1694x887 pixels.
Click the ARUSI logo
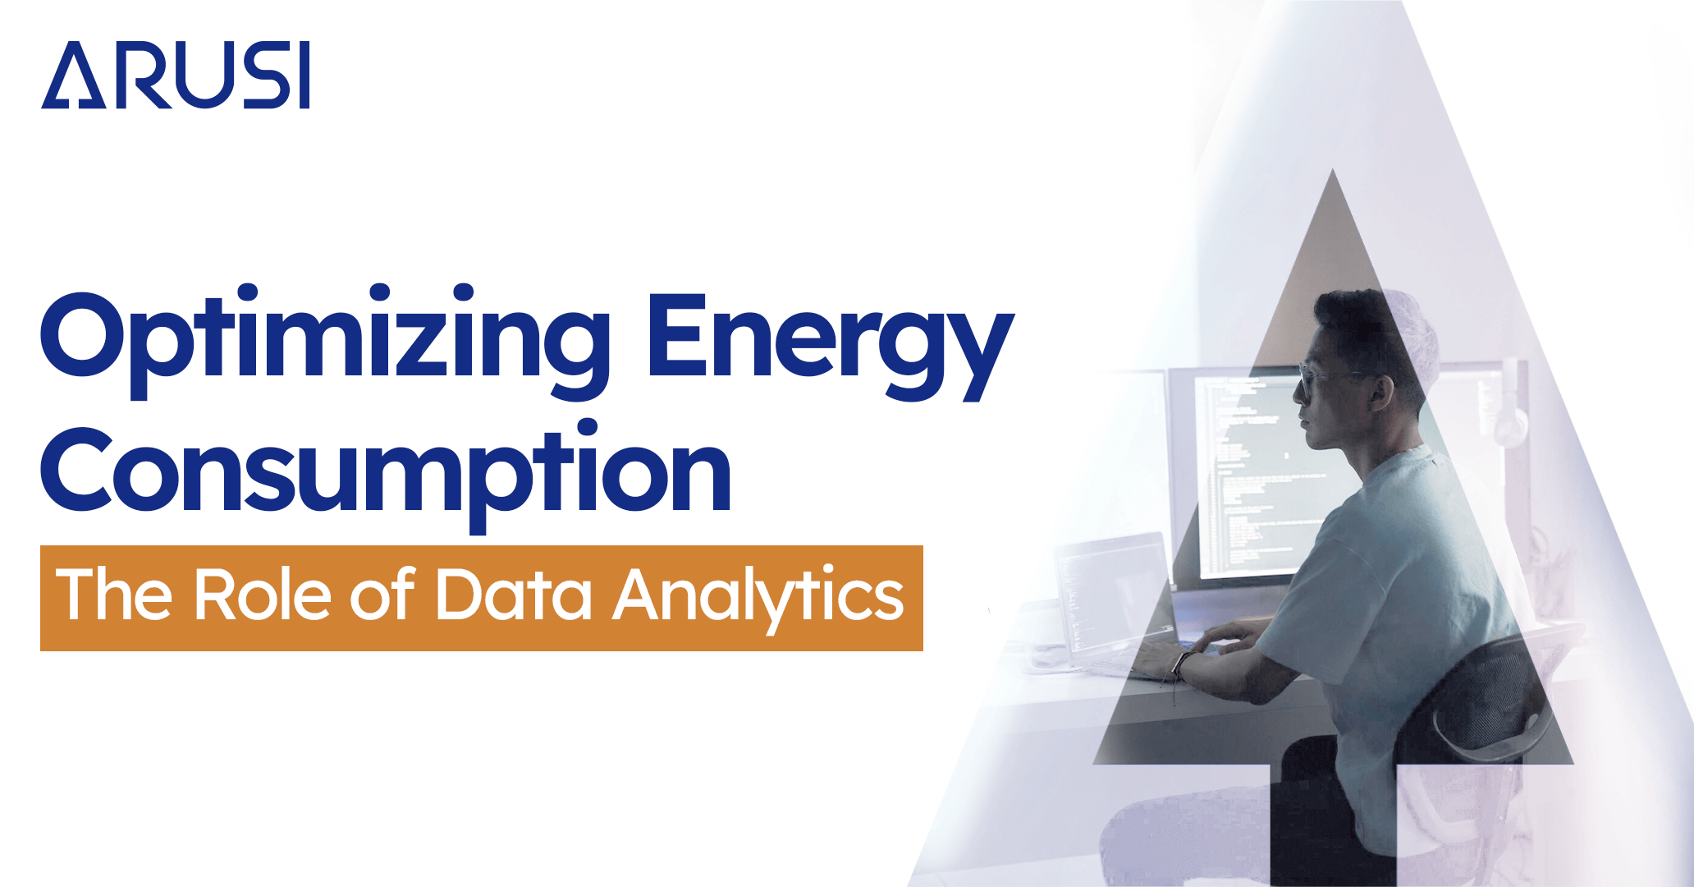pyautogui.click(x=175, y=76)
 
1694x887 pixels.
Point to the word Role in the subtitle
pyautogui.click(x=262, y=595)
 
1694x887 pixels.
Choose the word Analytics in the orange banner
pyautogui.click(x=758, y=596)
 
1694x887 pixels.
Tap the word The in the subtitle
pyautogui.click(x=114, y=595)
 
